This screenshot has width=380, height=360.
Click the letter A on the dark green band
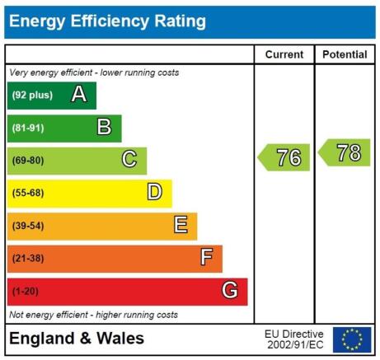click(79, 94)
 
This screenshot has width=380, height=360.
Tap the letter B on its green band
click(105, 127)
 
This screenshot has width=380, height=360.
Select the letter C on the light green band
click(129, 159)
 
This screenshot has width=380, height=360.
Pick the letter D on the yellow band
click(155, 192)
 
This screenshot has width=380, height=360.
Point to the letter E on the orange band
click(181, 224)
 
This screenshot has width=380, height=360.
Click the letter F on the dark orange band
click(206, 257)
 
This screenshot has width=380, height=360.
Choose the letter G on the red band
click(230, 290)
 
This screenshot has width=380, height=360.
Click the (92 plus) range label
click(32, 95)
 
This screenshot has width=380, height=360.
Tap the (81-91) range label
click(28, 128)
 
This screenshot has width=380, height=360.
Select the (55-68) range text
click(28, 193)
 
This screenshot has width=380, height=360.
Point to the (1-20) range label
click(26, 291)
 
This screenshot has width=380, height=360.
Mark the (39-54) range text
click(28, 226)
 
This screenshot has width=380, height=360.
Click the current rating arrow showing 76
click(284, 157)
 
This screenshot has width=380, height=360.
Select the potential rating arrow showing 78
click(344, 152)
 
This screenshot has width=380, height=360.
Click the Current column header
click(284, 54)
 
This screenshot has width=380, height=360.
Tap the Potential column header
click(345, 54)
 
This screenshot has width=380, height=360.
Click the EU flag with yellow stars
click(352, 339)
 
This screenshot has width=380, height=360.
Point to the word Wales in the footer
click(120, 338)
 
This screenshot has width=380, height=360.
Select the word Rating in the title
click(180, 21)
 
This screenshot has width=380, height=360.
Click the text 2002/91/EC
click(295, 344)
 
